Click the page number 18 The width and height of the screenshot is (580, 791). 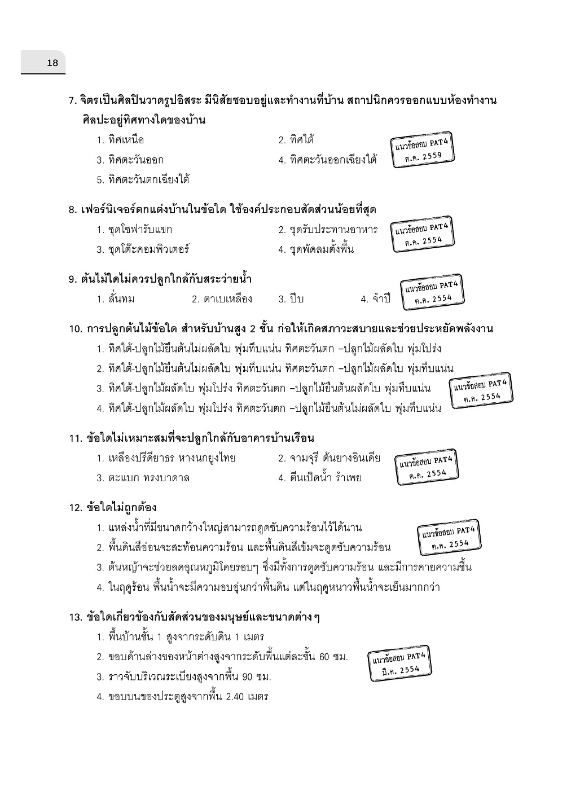pos(52,63)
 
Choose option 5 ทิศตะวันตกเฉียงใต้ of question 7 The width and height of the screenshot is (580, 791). pos(143,180)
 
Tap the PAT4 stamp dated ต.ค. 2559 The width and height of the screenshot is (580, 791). pos(423,150)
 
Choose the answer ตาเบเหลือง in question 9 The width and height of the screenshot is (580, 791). pos(221,299)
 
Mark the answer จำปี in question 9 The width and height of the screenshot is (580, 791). pos(376,299)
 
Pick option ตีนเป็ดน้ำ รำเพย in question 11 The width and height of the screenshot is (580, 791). pos(320,478)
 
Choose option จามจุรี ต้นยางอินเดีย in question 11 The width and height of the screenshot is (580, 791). pos(329,458)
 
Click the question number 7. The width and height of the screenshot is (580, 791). pos(72,101)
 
